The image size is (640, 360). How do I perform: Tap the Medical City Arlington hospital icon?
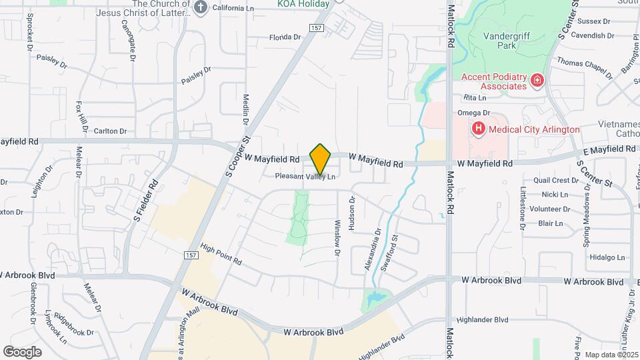click(x=477, y=129)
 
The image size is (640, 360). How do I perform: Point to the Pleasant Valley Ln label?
click(x=305, y=177)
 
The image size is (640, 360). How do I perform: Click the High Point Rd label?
click(x=220, y=254)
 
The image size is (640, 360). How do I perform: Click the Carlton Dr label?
click(x=110, y=131)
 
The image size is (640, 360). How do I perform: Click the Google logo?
click(x=22, y=351)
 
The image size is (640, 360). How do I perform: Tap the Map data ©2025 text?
click(x=611, y=355)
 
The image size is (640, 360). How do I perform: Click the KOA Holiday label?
click(x=303, y=4)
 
